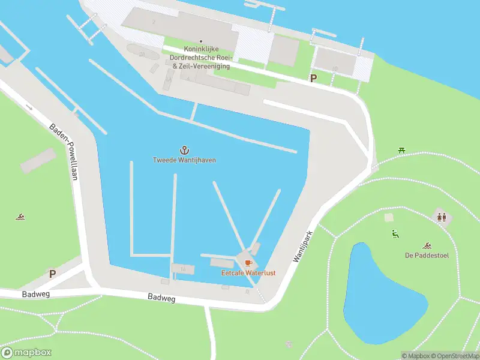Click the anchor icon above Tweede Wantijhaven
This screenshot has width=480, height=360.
pyautogui.click(x=184, y=149)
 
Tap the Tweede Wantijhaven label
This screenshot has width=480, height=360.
pyautogui.click(x=184, y=160)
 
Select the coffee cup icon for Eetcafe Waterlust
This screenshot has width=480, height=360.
pyautogui.click(x=248, y=263)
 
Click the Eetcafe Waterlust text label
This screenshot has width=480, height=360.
pyautogui.click(x=248, y=273)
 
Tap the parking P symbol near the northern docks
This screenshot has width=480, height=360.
pyautogui.click(x=313, y=78)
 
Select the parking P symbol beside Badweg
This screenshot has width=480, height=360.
pyautogui.click(x=52, y=274)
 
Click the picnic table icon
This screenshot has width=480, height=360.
pyautogui.click(x=401, y=150)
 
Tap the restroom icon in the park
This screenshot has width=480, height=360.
pyautogui.click(x=442, y=217)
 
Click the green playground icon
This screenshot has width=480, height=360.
pyautogui.click(x=395, y=233)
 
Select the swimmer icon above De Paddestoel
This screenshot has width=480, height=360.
pyautogui.click(x=427, y=245)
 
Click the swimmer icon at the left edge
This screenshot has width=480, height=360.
pyautogui.click(x=20, y=216)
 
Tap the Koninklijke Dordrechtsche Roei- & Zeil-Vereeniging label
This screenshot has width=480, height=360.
pyautogui.click(x=200, y=58)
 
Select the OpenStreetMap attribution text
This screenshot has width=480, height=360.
pyautogui.click(x=455, y=356)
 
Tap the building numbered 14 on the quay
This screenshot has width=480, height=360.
pyautogui.click(x=182, y=269)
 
